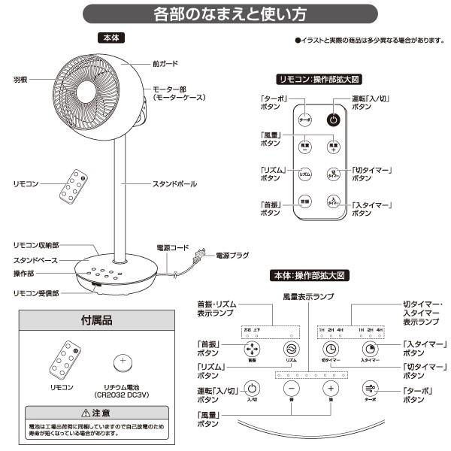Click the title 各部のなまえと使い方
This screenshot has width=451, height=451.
(225, 14)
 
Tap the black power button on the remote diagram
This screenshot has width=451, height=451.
(333, 119)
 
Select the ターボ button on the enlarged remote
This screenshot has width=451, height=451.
(304, 119)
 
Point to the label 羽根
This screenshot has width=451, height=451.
(20, 77)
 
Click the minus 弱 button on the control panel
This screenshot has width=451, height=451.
(292, 389)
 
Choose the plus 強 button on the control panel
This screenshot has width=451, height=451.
(329, 389)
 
